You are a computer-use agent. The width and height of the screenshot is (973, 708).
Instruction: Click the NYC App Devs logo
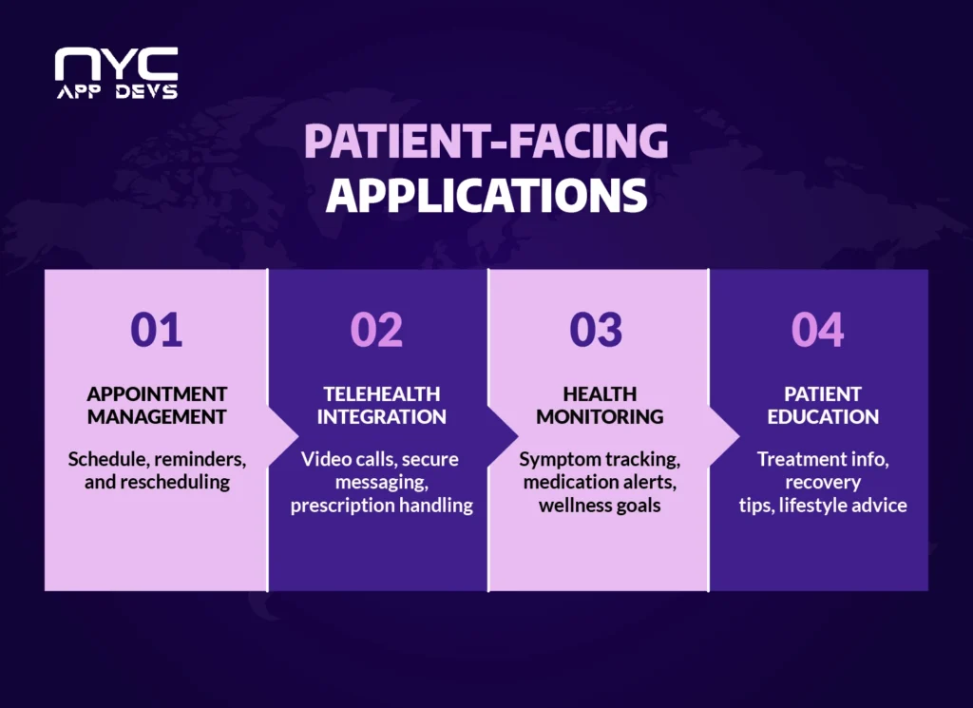click(x=116, y=72)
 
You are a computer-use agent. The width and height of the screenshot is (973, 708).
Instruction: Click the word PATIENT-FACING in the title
click(x=486, y=141)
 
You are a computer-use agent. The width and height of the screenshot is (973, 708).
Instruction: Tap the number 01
click(x=157, y=330)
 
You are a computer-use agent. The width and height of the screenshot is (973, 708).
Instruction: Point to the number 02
click(x=377, y=330)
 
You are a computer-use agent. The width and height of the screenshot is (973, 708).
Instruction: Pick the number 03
click(x=596, y=330)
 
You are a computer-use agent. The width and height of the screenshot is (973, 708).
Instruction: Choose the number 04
click(x=817, y=330)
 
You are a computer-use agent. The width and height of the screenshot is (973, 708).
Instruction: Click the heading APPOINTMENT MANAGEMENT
click(x=157, y=405)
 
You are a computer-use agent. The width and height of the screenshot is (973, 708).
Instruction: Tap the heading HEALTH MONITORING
click(x=599, y=405)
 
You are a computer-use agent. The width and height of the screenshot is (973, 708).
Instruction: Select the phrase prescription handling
click(x=381, y=505)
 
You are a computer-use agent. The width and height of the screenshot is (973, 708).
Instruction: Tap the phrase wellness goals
click(x=599, y=505)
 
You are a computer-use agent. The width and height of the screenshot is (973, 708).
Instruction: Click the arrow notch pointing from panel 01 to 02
click(x=281, y=430)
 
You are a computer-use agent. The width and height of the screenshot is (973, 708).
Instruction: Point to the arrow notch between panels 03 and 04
click(x=724, y=430)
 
